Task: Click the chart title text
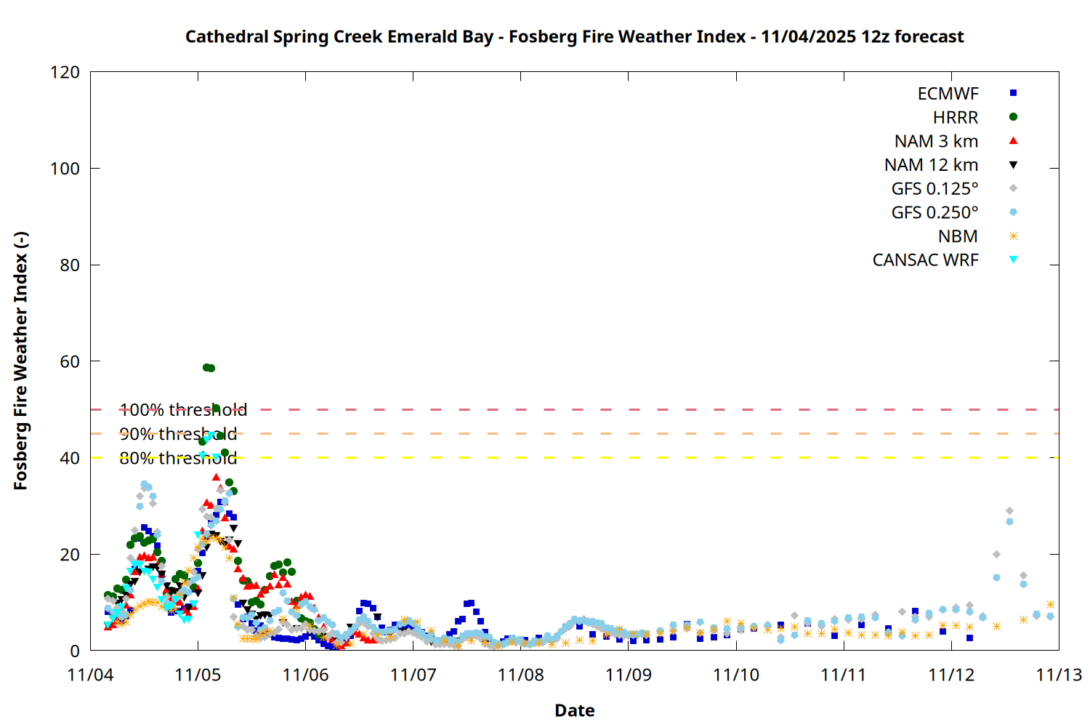(x=574, y=36)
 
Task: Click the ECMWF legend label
(x=948, y=94)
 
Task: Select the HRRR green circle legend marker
(x=1013, y=117)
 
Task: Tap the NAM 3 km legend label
(x=936, y=141)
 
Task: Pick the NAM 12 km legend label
(x=931, y=165)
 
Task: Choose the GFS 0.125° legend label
(x=934, y=189)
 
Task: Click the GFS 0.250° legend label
(x=934, y=213)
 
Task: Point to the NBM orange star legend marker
(x=1013, y=236)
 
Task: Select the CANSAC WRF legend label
(x=925, y=260)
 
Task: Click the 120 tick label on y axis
(x=65, y=73)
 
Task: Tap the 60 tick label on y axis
(x=70, y=361)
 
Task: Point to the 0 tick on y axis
(x=75, y=651)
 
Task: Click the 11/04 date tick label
(x=90, y=675)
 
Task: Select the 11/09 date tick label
(x=629, y=675)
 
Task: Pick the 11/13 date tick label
(x=1059, y=675)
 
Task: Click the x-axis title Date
(x=574, y=710)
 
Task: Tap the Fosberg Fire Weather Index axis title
(x=20, y=361)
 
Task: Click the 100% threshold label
(x=183, y=410)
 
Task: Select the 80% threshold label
(x=178, y=458)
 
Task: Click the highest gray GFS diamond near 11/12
(x=1009, y=511)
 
